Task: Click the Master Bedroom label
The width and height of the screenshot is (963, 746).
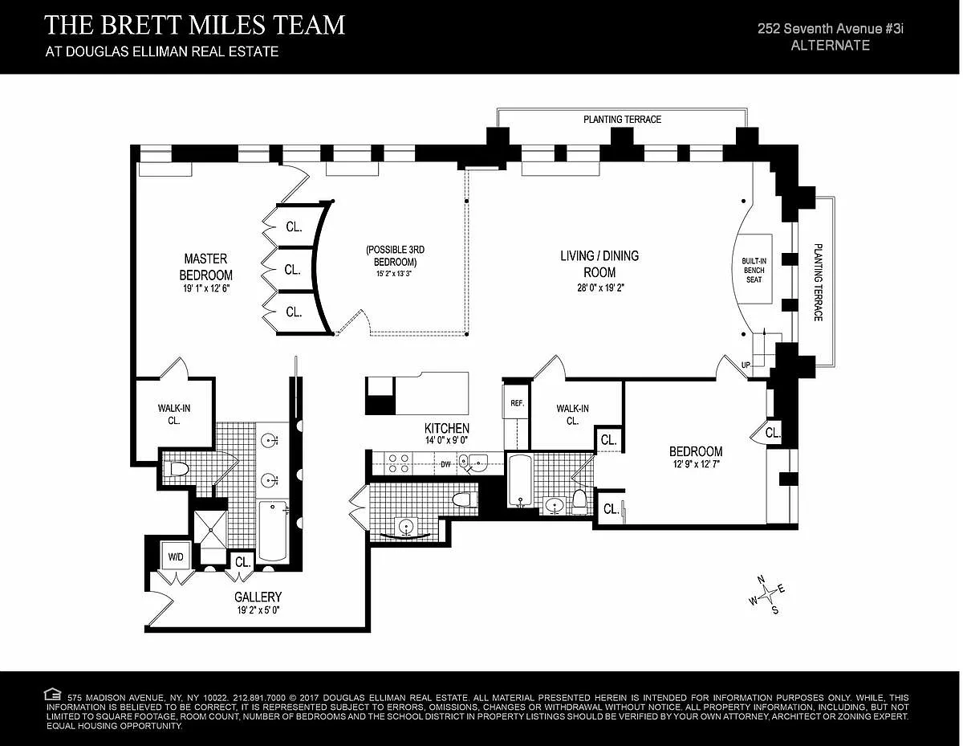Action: (x=206, y=267)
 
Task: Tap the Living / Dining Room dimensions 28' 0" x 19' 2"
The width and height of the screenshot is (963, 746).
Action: (x=600, y=287)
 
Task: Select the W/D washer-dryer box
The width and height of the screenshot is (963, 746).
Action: (x=176, y=556)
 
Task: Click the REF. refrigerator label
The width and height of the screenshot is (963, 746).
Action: (x=517, y=403)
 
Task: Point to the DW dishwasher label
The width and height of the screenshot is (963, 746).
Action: (x=445, y=464)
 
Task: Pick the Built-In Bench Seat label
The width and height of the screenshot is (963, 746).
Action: (x=754, y=271)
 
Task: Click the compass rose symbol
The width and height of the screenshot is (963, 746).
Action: (x=767, y=593)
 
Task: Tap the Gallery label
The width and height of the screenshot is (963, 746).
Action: (x=258, y=597)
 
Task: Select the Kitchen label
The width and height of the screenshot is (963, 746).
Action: (x=447, y=428)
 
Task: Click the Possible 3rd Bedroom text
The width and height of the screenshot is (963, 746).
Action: (x=395, y=255)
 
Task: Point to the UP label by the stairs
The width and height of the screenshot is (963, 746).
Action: (x=746, y=365)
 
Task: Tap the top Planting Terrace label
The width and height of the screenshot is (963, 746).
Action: (x=622, y=119)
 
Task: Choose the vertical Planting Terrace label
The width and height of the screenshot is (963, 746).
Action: (x=818, y=283)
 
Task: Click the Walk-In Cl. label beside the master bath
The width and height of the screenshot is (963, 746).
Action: (x=174, y=414)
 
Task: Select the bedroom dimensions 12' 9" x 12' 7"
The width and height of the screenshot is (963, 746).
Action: (x=696, y=464)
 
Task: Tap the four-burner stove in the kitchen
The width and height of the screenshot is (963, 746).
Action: (x=398, y=463)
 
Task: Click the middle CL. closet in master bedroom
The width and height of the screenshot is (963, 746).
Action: (x=292, y=270)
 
